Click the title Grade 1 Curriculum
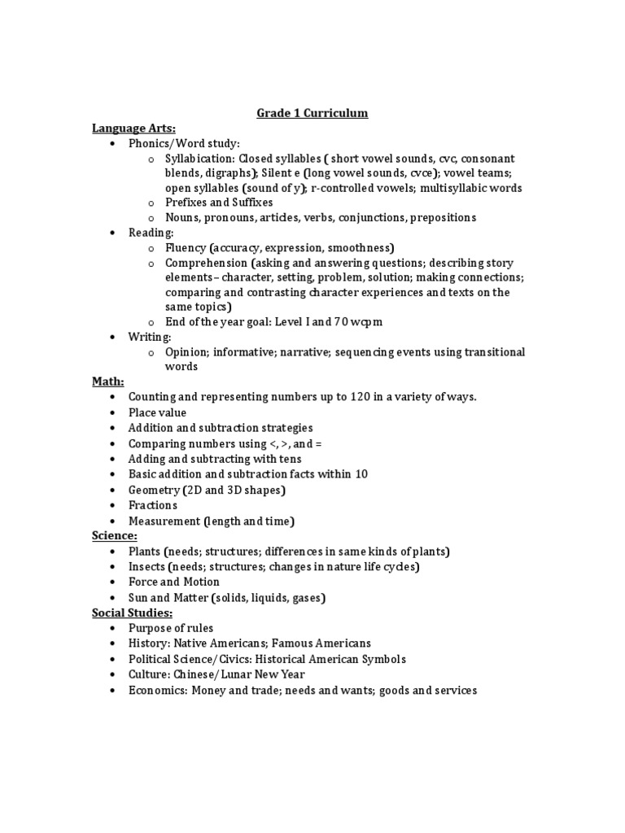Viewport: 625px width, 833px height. pyautogui.click(x=312, y=113)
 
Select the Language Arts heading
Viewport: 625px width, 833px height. pyautogui.click(x=133, y=128)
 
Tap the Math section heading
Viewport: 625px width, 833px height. pyautogui.click(x=107, y=382)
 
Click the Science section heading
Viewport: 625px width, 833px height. pyautogui.click(x=115, y=536)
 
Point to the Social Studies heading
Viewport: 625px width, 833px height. pyautogui.click(x=132, y=613)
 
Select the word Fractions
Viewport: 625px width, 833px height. pyautogui.click(x=153, y=505)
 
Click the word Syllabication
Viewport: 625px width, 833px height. pyautogui.click(x=195, y=159)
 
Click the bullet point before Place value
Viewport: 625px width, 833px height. pyautogui.click(x=111, y=413)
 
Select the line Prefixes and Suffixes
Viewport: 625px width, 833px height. pyautogui.click(x=219, y=203)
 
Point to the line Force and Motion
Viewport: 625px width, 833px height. pyautogui.click(x=174, y=582)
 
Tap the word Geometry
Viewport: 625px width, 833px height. pyautogui.click(x=153, y=490)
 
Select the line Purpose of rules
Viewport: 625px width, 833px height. pyautogui.click(x=171, y=628)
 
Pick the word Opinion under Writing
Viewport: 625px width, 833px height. pyautogui.click(x=187, y=352)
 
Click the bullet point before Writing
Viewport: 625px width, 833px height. pyautogui.click(x=111, y=337)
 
